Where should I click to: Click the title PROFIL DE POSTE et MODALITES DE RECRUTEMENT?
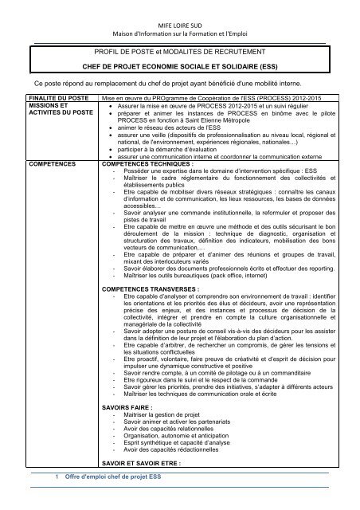181,49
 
